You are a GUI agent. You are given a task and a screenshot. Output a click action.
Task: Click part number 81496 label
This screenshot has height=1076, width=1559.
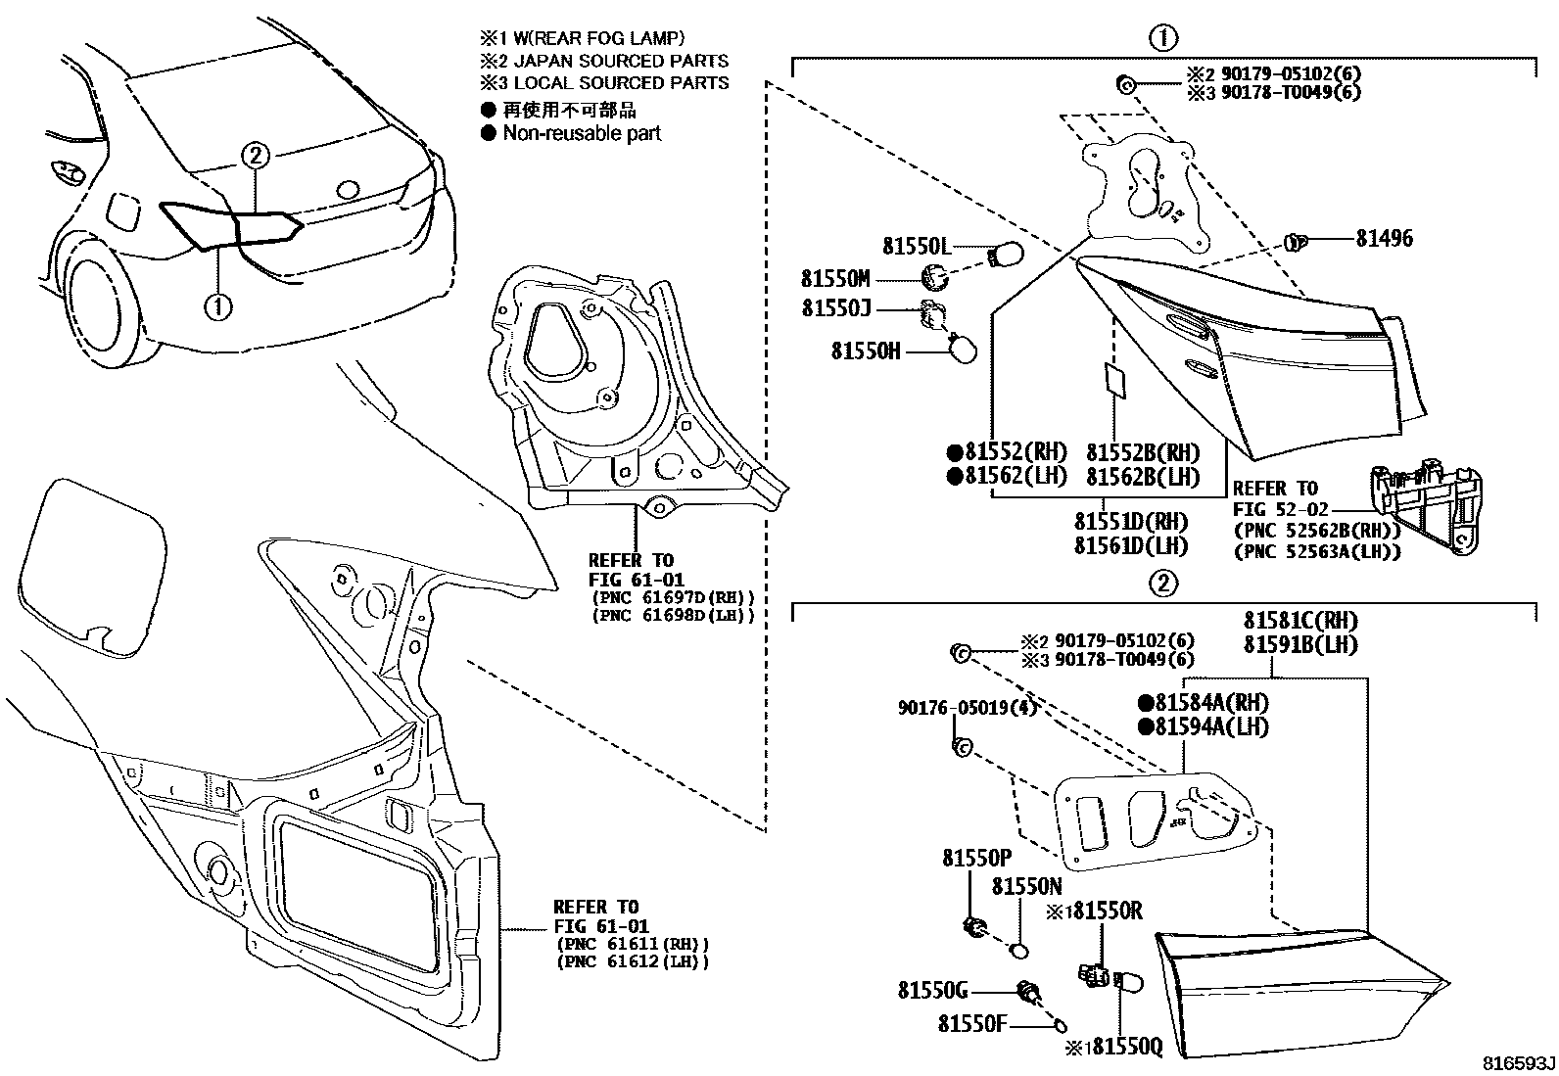(1384, 238)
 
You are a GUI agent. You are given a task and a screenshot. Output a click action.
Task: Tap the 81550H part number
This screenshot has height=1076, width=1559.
(866, 351)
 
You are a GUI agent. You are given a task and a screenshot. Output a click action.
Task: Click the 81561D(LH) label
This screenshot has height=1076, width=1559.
(1130, 545)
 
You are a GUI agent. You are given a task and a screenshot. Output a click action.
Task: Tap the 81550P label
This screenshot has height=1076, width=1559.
(976, 858)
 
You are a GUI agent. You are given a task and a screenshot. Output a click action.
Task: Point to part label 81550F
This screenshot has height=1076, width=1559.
(972, 1024)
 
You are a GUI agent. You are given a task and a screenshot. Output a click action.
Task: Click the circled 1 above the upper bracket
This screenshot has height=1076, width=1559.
(1162, 38)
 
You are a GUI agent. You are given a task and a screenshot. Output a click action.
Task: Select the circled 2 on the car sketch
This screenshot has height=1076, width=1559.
(255, 155)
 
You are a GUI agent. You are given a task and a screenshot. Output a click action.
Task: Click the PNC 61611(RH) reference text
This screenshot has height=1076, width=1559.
(631, 944)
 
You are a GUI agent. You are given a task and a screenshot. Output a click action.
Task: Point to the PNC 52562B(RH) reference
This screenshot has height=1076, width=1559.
(1315, 532)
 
